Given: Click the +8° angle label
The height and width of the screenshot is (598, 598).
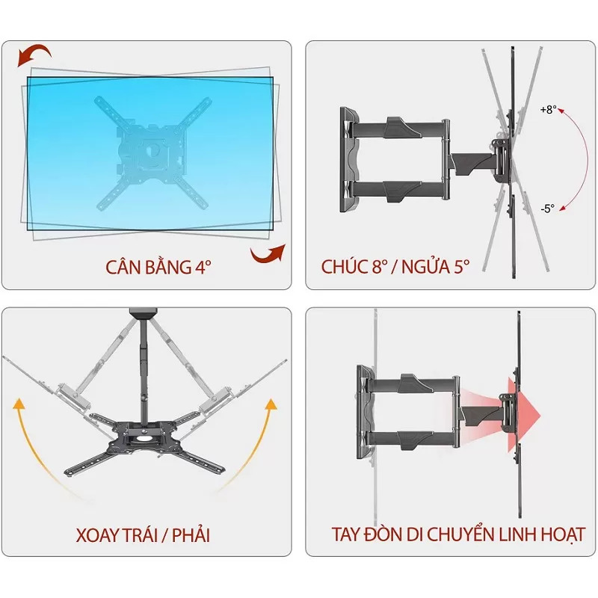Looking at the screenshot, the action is point(548,110).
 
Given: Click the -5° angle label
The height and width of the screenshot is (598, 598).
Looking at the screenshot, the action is point(547,209).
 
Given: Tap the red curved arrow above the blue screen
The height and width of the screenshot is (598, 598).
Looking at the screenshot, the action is point(34,55).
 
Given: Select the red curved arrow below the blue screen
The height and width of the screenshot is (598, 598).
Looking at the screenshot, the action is point(268,254).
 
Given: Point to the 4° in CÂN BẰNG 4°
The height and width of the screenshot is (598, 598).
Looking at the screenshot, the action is point(203,267).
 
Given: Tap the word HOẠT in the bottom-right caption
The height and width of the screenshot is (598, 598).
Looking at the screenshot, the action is point(561,534).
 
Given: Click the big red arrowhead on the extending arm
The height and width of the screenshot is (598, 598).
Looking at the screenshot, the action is point(523,416).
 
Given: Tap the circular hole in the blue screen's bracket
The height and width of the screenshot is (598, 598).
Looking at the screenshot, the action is point(153,150).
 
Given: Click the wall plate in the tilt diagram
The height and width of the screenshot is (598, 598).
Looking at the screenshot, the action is point(349,160).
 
